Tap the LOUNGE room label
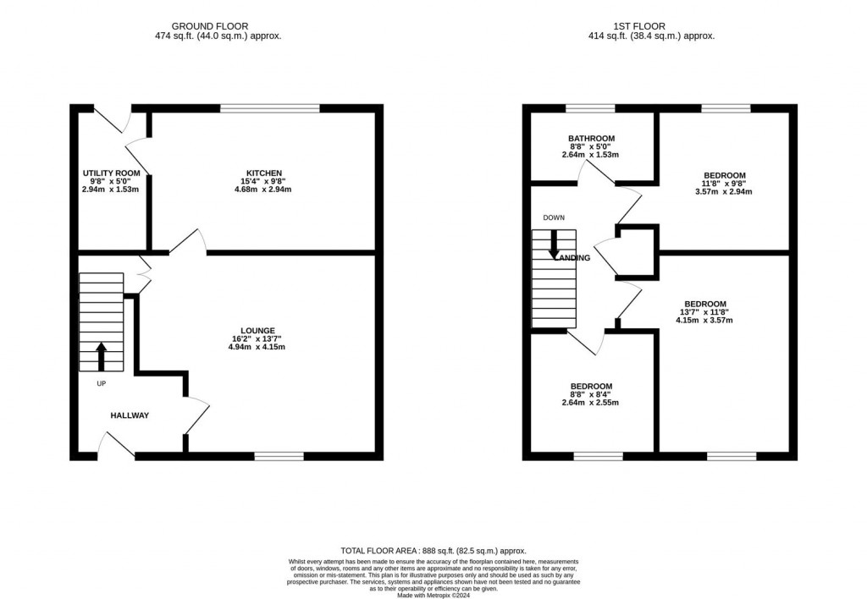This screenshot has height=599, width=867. [257, 330]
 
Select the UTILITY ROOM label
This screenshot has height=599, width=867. [111, 173]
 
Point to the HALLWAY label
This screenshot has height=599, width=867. [130, 415]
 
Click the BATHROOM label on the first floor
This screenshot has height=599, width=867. [591, 138]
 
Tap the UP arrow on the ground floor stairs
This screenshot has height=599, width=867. [102, 355]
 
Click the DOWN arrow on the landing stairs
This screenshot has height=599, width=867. [554, 245]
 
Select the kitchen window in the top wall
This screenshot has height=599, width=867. [269, 108]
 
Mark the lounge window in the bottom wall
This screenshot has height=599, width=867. [279, 456]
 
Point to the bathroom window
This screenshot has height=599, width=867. [590, 108]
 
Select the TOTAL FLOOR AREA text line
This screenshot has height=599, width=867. [433, 550]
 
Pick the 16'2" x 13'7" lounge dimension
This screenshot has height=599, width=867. [257, 338]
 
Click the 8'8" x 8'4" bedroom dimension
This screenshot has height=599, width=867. [591, 394]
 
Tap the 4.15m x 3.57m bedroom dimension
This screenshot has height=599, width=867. [704, 320]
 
